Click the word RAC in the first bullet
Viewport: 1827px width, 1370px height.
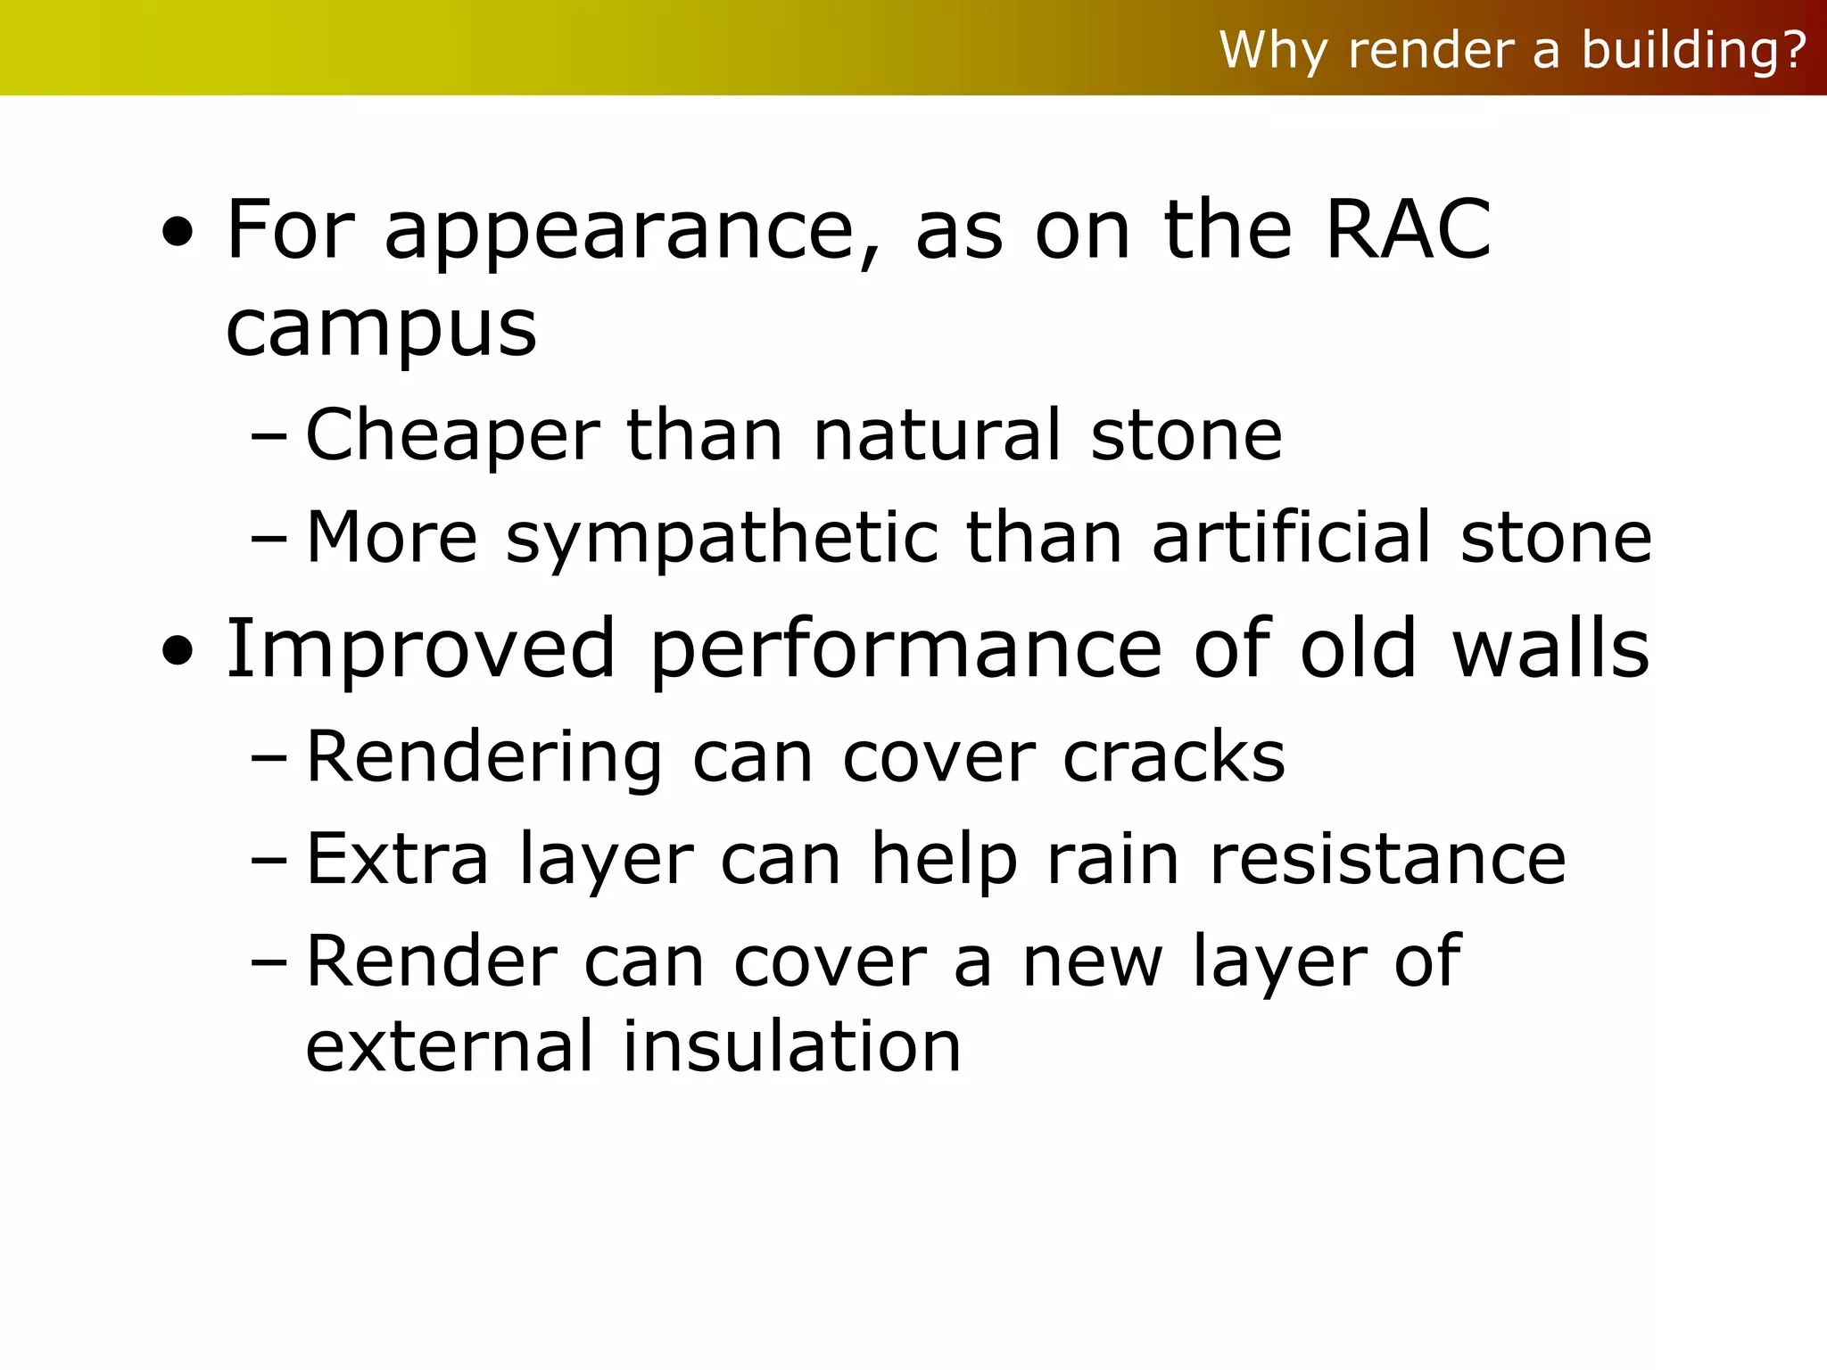coord(1408,230)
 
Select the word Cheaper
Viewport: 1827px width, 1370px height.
coord(452,436)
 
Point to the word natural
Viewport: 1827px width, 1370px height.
coord(937,436)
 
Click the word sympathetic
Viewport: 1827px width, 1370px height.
coord(723,539)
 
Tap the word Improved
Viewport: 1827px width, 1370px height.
coord(420,649)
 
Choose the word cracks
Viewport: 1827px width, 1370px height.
coord(1173,757)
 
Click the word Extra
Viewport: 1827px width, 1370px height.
coord(397,859)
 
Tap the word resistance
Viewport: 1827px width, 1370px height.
coord(1387,859)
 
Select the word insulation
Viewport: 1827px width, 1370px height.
coord(791,1045)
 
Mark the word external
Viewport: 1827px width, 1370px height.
coord(449,1045)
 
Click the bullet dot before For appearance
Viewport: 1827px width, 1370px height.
coord(178,234)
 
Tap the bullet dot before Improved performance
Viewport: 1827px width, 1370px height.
coord(178,653)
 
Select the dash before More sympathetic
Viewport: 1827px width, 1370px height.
coord(269,540)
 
